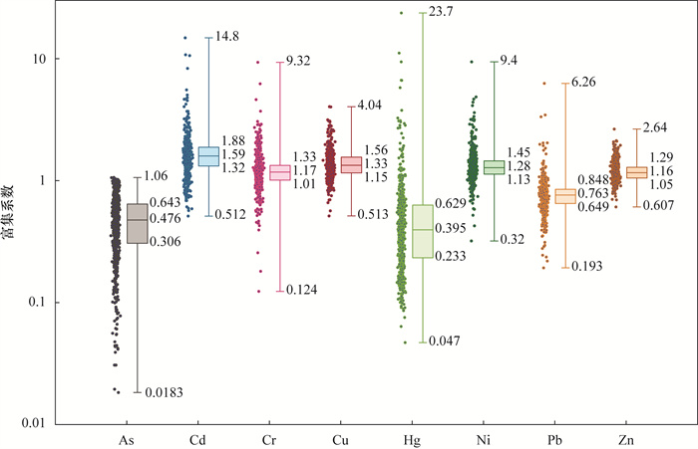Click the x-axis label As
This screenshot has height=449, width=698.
click(126, 439)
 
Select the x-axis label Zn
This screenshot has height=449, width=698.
click(623, 439)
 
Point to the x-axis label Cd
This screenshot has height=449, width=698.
click(196, 439)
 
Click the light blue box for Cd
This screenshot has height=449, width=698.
click(208, 156)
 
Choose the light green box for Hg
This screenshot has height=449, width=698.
click(422, 231)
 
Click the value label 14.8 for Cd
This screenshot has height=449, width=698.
click(229, 37)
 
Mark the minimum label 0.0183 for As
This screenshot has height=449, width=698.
click(164, 392)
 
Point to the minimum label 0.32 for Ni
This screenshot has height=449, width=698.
click(511, 240)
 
